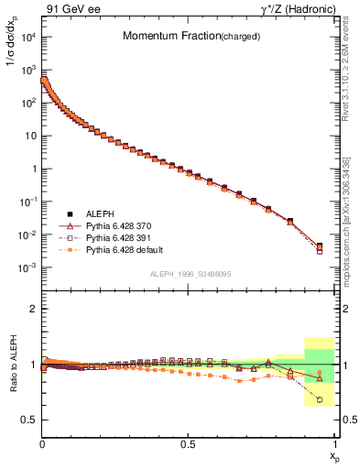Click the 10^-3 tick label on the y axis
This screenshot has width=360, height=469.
[25, 267]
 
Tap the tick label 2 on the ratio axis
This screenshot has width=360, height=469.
[33, 310]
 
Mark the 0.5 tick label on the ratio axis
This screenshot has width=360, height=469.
[29, 420]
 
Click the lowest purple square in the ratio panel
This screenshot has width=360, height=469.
[319, 399]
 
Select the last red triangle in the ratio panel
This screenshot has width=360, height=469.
[319, 376]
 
